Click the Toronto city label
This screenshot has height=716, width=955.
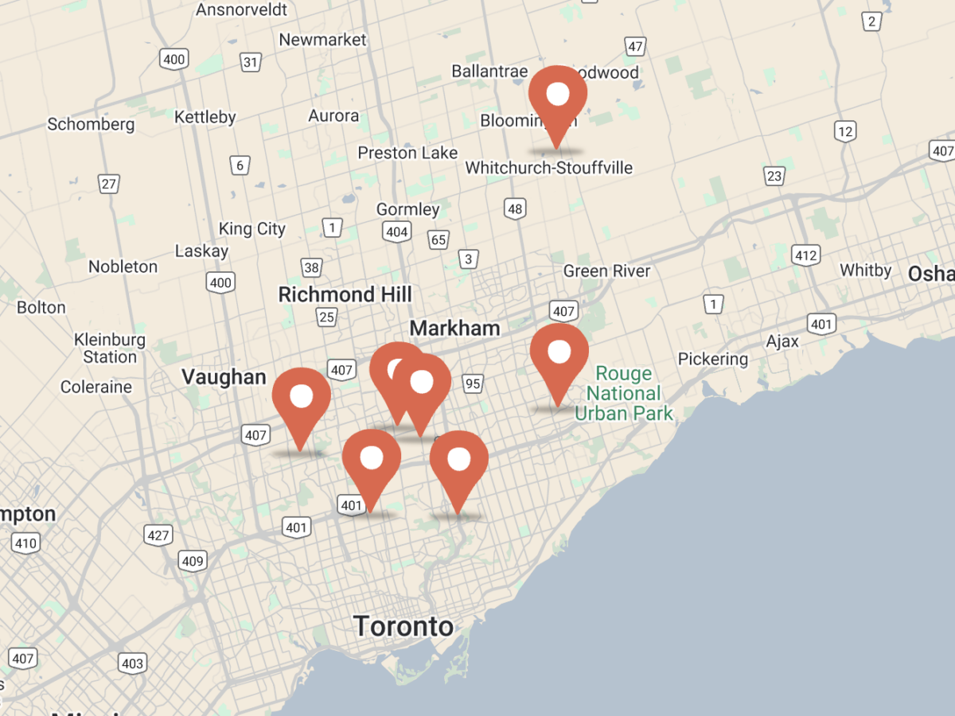[403, 626]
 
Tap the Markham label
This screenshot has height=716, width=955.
[454, 328]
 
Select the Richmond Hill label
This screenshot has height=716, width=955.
[345, 294]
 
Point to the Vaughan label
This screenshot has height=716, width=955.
[224, 376]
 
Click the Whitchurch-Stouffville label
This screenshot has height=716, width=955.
[549, 168]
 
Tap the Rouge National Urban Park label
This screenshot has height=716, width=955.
[624, 393]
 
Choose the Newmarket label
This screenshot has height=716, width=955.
[322, 40]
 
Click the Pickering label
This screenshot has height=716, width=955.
[713, 359]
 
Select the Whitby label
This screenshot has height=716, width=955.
[866, 270]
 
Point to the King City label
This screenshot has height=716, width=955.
[251, 229]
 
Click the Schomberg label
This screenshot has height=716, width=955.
[91, 124]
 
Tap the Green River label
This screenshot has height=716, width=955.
[606, 271]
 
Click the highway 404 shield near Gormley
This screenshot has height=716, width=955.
[396, 232]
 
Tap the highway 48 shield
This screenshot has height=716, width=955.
[515, 210]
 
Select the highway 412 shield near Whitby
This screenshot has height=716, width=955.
[805, 255]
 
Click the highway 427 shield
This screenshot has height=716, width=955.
[158, 535]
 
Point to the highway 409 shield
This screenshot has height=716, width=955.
[193, 562]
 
